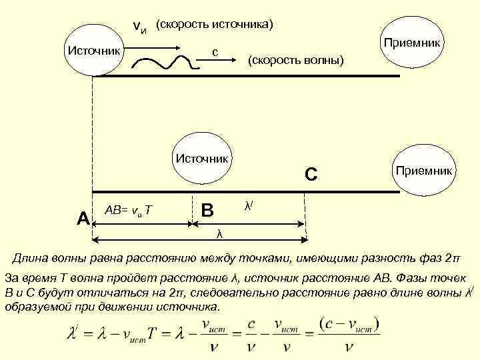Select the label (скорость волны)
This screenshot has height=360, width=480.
coord(295,61)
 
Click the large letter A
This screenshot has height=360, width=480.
coord(83,217)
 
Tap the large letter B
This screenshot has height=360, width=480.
coord(207,210)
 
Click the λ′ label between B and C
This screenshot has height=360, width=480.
coord(247,206)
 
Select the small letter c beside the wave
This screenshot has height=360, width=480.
coord(215,51)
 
